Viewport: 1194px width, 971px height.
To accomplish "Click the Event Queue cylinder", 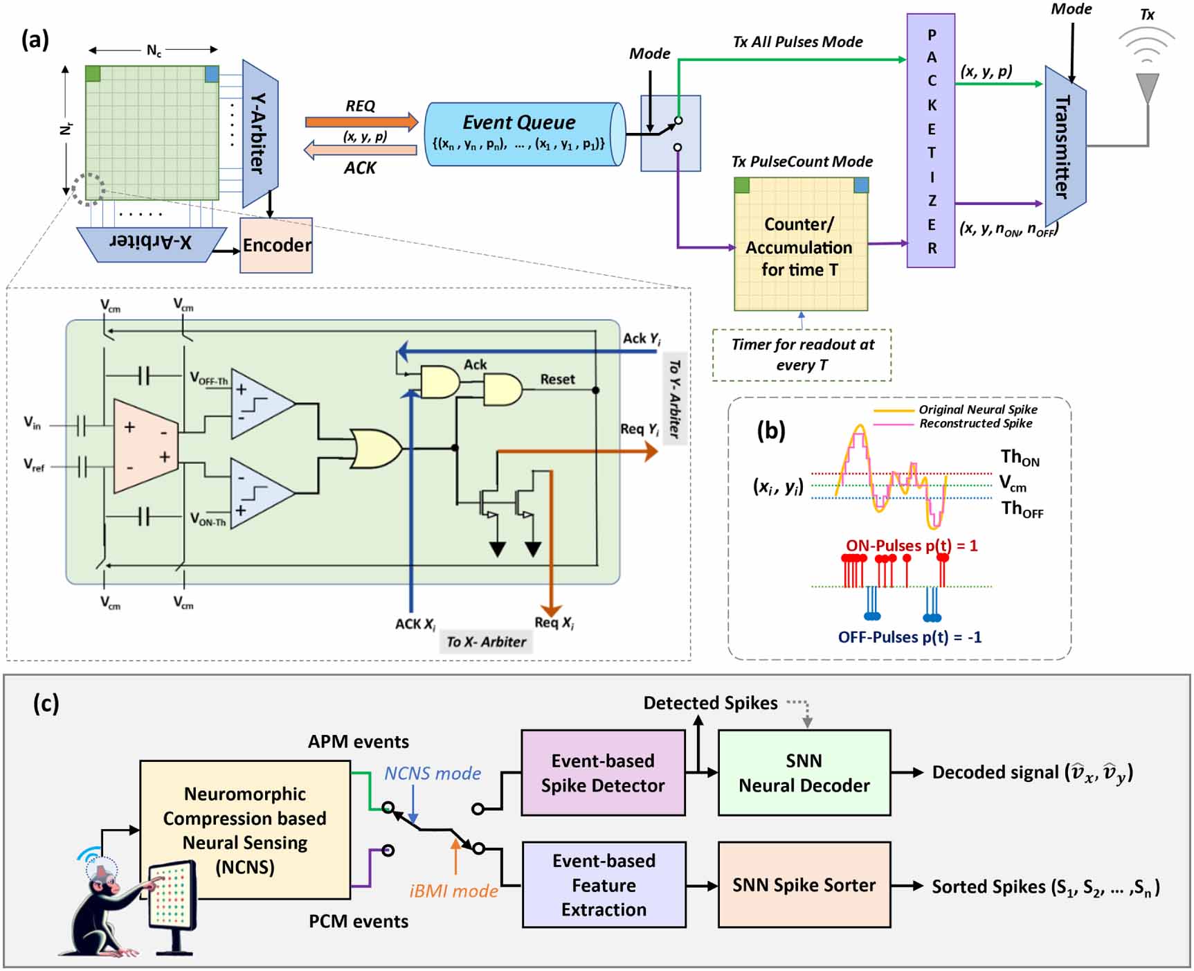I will (524, 134).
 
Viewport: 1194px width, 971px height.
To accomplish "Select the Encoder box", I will (276, 245).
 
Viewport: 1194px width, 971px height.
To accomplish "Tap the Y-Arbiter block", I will (260, 133).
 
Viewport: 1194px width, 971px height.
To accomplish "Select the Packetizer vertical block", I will (931, 141).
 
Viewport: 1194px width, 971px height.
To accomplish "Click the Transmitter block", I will (1065, 145).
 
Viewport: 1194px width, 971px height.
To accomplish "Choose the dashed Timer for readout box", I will (802, 355).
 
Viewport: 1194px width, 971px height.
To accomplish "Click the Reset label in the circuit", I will (557, 380).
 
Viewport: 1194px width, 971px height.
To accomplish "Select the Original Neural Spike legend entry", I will (977, 409).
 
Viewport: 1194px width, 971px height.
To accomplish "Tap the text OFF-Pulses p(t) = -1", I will (910, 636).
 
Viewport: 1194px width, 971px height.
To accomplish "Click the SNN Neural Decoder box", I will (804, 773).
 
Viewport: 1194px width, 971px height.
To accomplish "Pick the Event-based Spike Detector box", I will (602, 773).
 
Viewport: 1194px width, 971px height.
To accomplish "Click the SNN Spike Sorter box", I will (804, 884).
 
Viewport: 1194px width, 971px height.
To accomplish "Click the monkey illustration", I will (100, 907).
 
